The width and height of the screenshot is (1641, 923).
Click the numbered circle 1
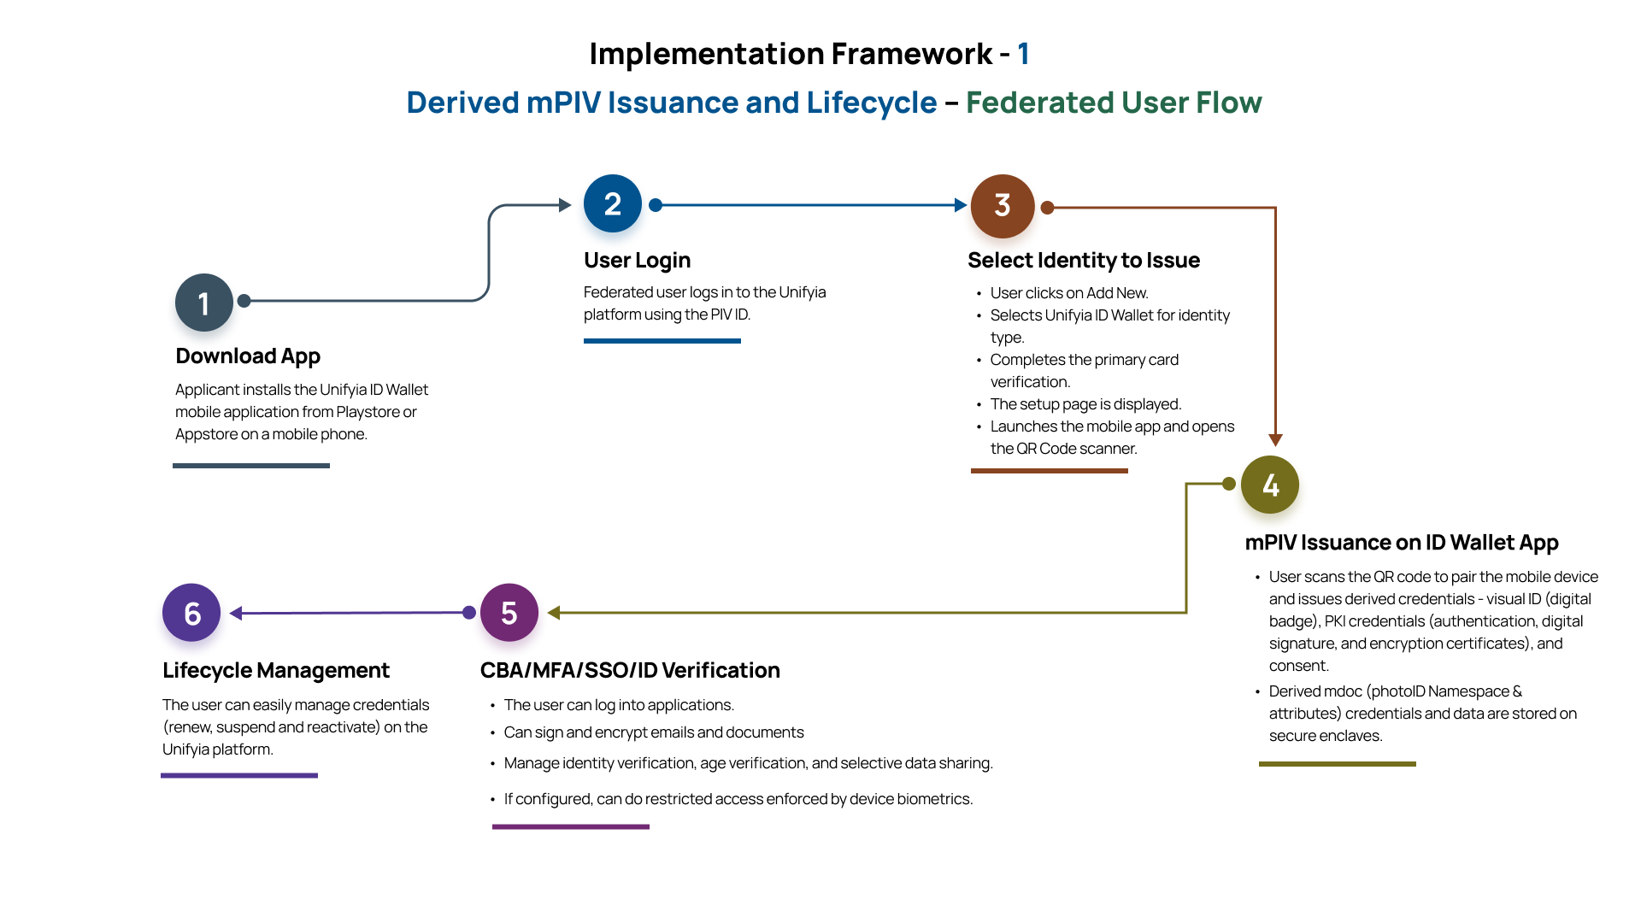(x=203, y=303)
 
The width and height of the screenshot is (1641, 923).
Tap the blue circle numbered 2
(x=612, y=203)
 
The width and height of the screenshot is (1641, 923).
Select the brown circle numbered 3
(x=1002, y=206)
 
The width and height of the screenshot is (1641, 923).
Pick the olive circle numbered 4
(x=1269, y=485)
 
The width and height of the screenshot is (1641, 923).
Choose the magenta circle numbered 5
(x=509, y=613)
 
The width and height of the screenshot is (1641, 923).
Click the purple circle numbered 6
(x=191, y=613)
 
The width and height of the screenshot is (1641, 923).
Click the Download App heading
(x=248, y=356)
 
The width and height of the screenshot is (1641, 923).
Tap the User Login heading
(x=637, y=260)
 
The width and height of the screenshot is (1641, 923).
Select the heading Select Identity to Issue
(x=1083, y=260)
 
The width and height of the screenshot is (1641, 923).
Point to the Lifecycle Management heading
(x=275, y=670)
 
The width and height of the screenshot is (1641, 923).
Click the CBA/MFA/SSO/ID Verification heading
(x=629, y=670)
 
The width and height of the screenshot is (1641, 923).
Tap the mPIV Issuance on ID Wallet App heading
(x=1401, y=543)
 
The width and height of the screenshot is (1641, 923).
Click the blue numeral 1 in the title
(x=1023, y=54)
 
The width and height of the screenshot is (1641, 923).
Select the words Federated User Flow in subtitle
(x=1113, y=103)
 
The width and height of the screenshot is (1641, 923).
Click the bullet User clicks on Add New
(x=1068, y=293)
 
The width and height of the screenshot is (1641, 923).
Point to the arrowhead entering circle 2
(x=565, y=205)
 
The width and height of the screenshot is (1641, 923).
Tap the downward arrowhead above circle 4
(x=1275, y=440)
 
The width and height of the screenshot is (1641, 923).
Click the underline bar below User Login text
(x=662, y=341)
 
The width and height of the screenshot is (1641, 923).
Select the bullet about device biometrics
(x=738, y=799)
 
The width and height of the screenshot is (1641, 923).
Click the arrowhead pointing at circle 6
(x=237, y=614)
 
